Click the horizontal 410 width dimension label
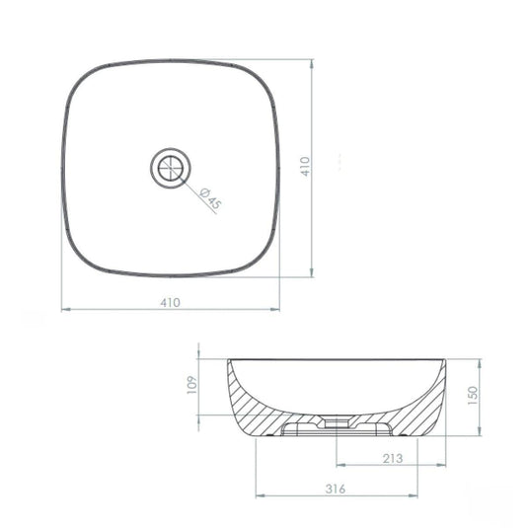(170, 302)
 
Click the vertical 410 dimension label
(305, 166)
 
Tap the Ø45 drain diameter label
(210, 199)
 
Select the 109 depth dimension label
(191, 385)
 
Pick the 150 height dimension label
(473, 396)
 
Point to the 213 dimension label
(393, 458)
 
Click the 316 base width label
(336, 489)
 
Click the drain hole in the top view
(171, 168)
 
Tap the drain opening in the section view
(337, 422)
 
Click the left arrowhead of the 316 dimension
(260, 495)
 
